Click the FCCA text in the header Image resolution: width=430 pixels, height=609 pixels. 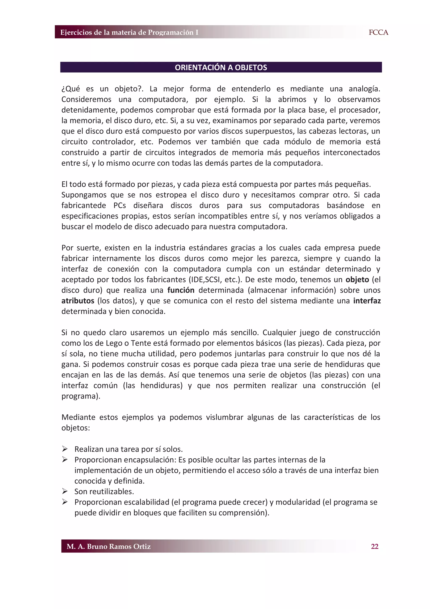[x=378, y=32]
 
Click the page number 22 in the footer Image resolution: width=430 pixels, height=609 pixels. [x=374, y=546]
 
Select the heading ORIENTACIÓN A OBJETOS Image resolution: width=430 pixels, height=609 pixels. [x=221, y=67]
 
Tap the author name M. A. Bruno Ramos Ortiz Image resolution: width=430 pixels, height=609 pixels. [x=109, y=546]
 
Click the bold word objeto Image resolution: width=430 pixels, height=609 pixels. [x=357, y=279]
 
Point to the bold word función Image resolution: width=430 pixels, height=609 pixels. [x=181, y=290]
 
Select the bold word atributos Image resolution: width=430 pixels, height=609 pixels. [x=78, y=301]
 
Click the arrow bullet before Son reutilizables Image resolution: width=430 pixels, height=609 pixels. [x=65, y=492]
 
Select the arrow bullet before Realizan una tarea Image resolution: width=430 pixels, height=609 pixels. [x=65, y=449]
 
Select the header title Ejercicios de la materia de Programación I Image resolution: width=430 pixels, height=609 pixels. [x=129, y=32]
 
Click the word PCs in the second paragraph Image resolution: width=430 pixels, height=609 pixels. [x=119, y=206]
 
